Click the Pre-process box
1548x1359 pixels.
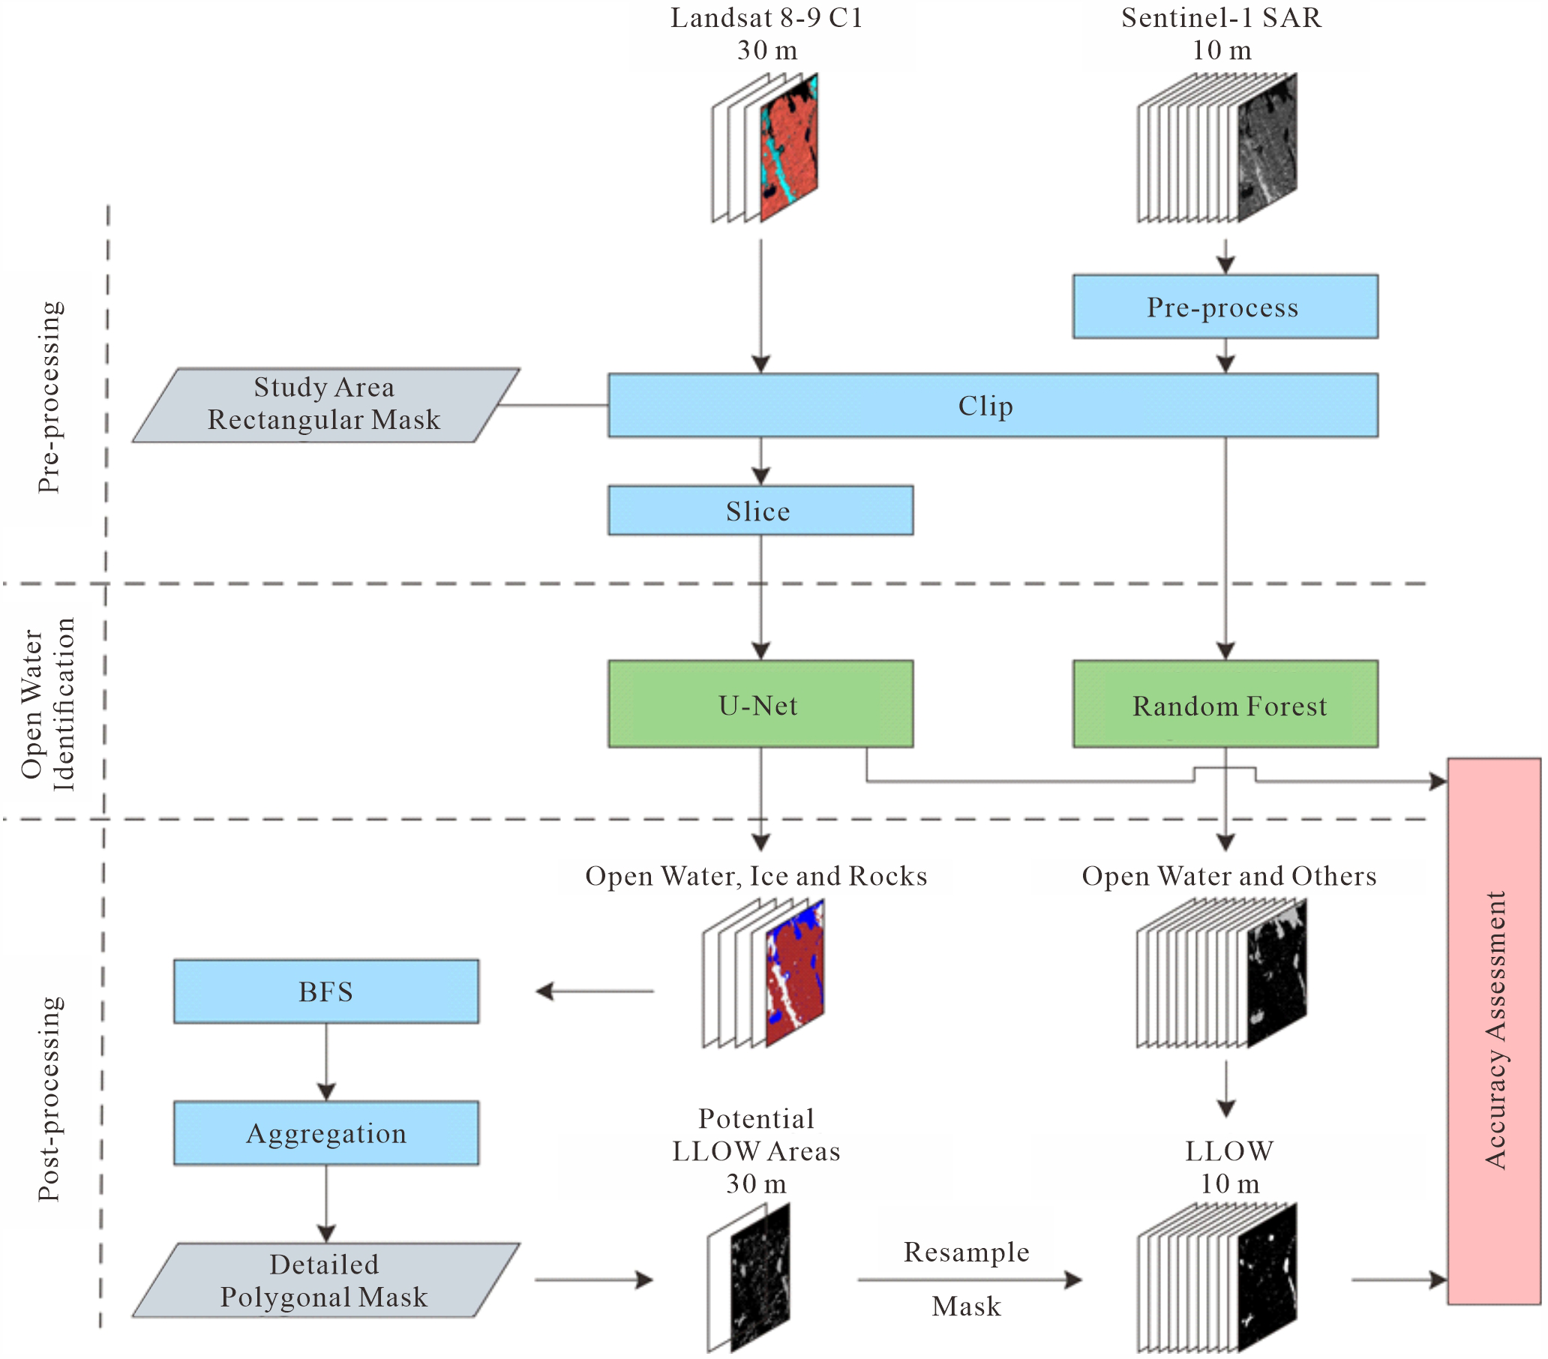(1224, 307)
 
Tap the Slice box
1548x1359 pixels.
(760, 511)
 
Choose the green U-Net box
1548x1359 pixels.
(760, 703)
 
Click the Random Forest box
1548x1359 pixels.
(1224, 703)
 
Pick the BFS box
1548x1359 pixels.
(325, 991)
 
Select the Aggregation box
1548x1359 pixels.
(325, 1132)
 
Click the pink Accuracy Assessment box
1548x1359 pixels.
(1492, 1030)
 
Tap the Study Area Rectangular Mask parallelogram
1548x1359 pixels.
(325, 404)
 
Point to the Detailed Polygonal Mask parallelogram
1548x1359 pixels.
(325, 1280)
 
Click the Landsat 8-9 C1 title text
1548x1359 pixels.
(766, 18)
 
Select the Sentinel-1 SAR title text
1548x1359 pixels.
(1221, 18)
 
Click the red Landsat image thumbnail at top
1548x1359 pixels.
(787, 148)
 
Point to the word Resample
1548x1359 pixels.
(965, 1252)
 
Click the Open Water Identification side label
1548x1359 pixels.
(47, 703)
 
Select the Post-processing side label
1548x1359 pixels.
(49, 1099)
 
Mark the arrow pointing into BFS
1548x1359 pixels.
(594, 991)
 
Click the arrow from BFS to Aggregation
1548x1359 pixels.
(325, 1061)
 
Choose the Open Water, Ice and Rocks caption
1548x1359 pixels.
(755, 876)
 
